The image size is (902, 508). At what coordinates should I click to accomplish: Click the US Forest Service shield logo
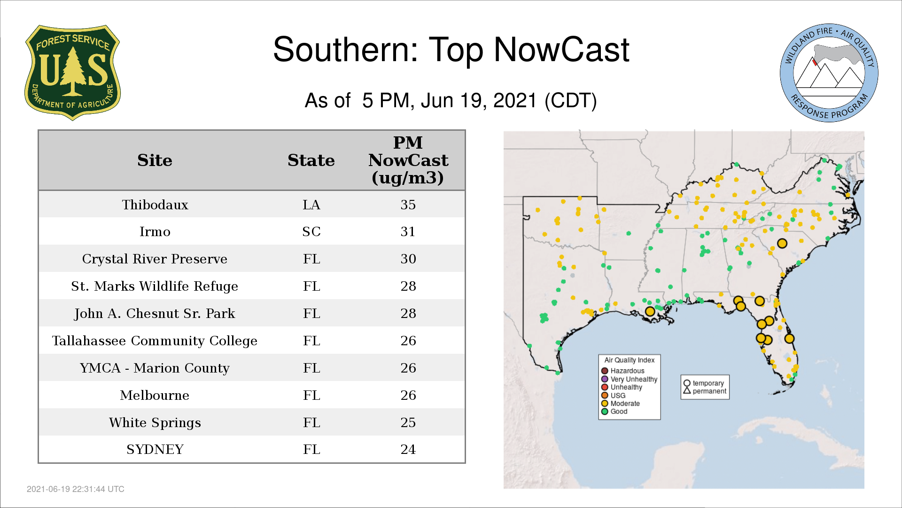click(x=72, y=73)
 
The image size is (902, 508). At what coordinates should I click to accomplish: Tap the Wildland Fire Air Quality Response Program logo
click(x=829, y=73)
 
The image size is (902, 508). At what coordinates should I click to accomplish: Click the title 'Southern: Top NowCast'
click(x=451, y=49)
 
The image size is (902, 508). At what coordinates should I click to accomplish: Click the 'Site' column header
click(x=155, y=160)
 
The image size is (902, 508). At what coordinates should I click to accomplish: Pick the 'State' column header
click(x=311, y=160)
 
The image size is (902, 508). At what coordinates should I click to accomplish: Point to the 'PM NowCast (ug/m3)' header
click(x=408, y=160)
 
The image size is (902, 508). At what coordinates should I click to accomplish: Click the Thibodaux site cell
click(x=155, y=205)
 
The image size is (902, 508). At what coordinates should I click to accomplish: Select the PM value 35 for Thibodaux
click(x=408, y=205)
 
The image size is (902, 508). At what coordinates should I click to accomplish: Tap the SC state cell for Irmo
click(x=311, y=231)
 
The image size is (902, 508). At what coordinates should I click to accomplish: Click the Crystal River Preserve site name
click(x=155, y=259)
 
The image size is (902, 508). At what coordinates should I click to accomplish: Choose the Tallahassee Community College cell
click(x=155, y=341)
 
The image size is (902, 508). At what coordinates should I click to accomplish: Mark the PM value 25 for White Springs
click(x=408, y=422)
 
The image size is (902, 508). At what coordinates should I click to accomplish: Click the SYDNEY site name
click(x=155, y=450)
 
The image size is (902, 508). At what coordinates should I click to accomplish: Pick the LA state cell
click(x=311, y=205)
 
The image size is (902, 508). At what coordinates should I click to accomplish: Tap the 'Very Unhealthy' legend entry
click(x=630, y=379)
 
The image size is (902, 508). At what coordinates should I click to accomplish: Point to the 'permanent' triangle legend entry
click(x=705, y=391)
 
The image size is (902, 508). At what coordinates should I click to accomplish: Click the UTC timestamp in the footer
click(x=76, y=489)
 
